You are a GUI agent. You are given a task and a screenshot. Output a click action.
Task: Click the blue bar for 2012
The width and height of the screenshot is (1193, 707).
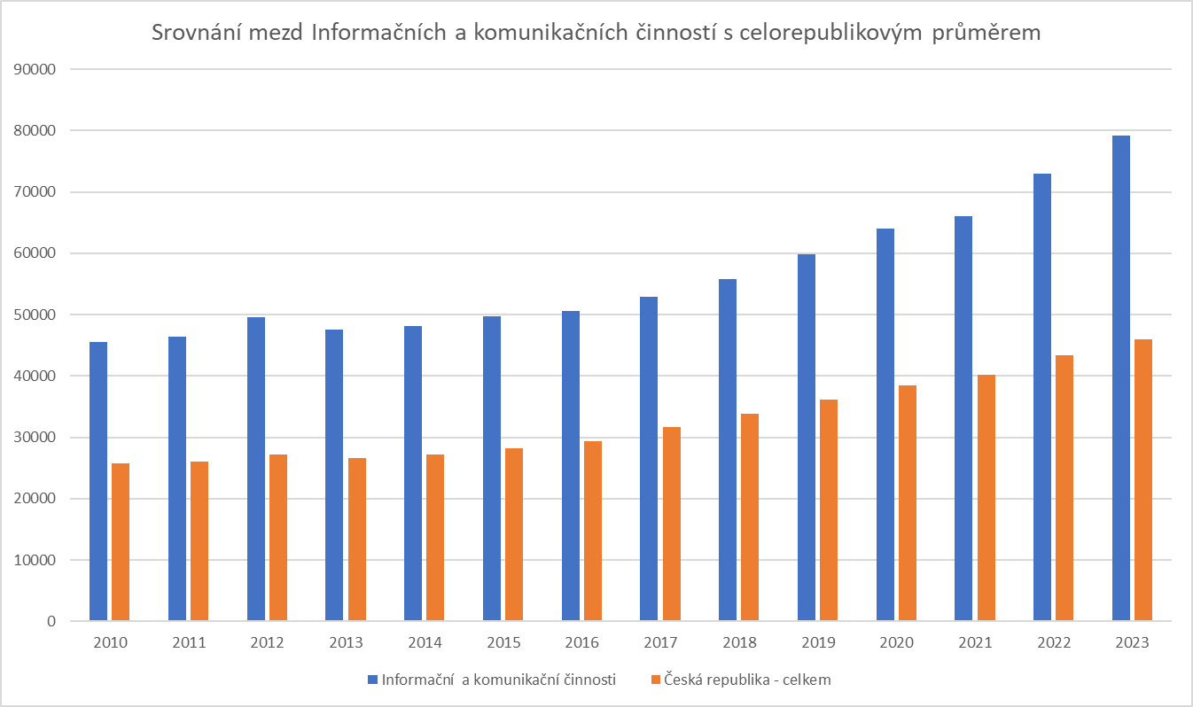(x=256, y=469)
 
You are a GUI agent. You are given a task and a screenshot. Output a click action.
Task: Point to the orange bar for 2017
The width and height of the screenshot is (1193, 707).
(x=672, y=524)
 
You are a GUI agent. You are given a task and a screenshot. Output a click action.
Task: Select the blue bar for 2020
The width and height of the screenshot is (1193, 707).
(x=885, y=424)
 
